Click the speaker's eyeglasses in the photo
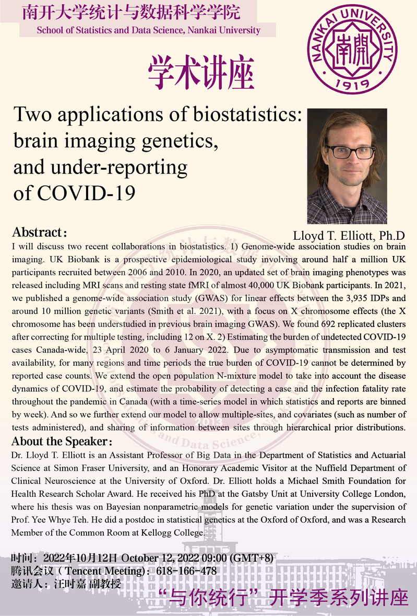point(349,152)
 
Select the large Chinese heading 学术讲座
point(201,74)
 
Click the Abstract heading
point(40,232)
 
